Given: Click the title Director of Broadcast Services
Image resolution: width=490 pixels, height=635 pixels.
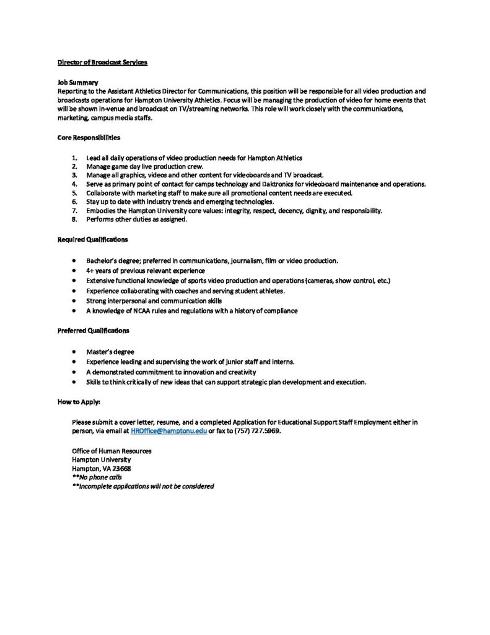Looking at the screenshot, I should coord(102,63).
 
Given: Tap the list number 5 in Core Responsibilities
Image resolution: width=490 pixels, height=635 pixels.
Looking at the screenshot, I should coord(74,193).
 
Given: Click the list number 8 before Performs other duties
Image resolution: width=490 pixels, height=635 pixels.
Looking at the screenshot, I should coord(74,220).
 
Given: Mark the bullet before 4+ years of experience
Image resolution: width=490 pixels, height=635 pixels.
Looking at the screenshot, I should coord(74,271).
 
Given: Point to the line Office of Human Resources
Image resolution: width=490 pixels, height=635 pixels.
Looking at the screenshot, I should coord(112,451).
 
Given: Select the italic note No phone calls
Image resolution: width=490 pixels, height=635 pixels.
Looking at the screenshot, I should coord(100,477).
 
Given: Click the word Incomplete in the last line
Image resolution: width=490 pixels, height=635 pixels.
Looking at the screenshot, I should coord(98,487).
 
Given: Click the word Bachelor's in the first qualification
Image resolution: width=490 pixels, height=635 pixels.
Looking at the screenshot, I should coord(101,261).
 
